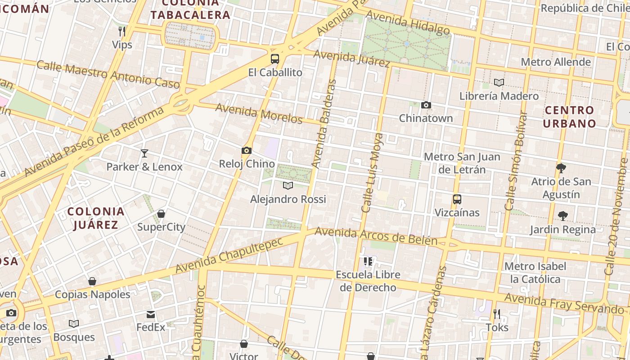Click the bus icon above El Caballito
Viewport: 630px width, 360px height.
[x=274, y=59]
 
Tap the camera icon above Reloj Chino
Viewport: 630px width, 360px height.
[x=247, y=150]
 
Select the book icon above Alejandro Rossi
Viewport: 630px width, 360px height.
[x=288, y=185]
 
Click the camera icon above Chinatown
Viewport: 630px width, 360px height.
[x=426, y=105]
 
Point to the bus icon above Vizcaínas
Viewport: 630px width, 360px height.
[x=457, y=199]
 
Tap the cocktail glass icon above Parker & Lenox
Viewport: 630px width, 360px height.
[x=144, y=153]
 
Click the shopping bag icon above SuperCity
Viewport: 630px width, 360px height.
[x=161, y=214]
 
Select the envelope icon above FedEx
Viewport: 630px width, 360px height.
[x=151, y=314]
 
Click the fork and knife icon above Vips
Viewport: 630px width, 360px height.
[x=122, y=31]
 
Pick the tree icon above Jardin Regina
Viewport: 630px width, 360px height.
[x=562, y=216]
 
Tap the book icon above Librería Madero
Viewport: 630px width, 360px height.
[x=499, y=83]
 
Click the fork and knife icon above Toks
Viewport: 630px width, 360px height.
[x=497, y=314]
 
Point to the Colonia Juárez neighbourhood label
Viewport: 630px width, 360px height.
[x=95, y=218]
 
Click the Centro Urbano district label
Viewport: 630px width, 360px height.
[x=569, y=117]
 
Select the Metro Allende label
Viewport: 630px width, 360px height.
[x=556, y=62]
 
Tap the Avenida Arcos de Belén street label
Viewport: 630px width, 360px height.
[x=376, y=236]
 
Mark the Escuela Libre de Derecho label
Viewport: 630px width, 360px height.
[x=368, y=281]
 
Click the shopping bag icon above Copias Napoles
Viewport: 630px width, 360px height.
[x=92, y=282]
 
